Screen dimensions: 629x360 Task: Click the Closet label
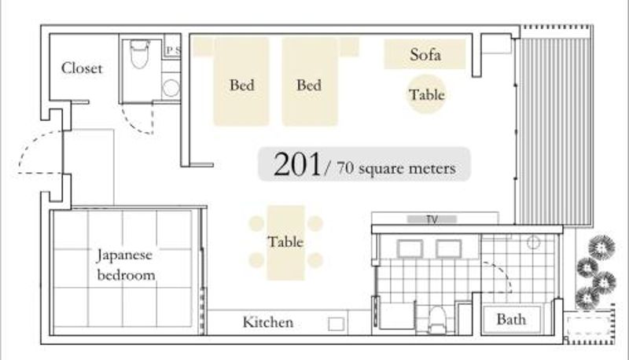coord(82,68)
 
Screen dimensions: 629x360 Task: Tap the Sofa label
coord(425,54)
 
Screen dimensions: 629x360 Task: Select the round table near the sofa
coord(426,94)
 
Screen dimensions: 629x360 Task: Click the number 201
coord(297,164)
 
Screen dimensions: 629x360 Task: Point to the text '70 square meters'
coord(396,168)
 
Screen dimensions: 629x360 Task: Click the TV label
coord(432,219)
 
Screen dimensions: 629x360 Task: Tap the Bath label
coord(511,319)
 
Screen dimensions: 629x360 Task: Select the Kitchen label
coord(268,322)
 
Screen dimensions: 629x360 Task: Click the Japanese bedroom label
coord(126,265)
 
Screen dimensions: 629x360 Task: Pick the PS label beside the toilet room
coord(173,50)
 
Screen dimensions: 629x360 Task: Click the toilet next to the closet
coord(140,54)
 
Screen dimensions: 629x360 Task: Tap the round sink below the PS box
coord(171,88)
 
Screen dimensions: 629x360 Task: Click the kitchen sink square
coord(337,324)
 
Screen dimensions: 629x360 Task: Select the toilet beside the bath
coord(437,320)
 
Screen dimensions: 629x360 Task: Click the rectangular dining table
coord(285,243)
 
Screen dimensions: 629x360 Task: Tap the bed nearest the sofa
coord(309,82)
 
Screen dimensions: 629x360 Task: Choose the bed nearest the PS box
coord(241,82)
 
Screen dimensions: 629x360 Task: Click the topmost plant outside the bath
coord(601,247)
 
